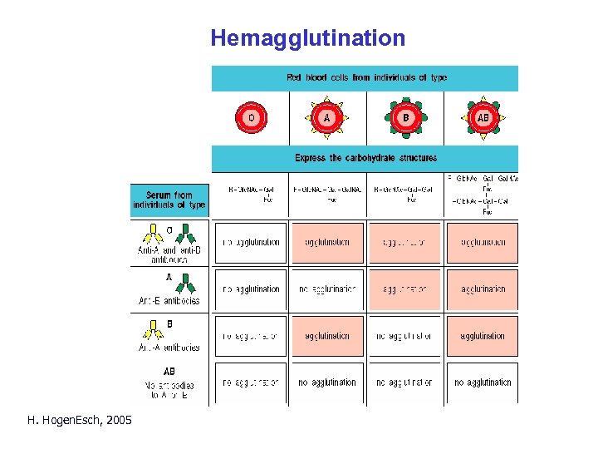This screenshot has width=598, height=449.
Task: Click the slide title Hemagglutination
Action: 307,38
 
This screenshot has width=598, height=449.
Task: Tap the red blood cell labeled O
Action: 250,118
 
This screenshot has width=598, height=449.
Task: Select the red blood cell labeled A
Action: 326,118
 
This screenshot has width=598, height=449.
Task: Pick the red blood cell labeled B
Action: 405,118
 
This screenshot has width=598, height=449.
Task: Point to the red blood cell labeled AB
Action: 483,118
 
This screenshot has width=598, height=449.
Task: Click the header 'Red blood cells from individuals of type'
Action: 366,78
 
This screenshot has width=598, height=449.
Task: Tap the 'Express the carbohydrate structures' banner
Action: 365,157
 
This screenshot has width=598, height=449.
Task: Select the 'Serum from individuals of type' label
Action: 170,200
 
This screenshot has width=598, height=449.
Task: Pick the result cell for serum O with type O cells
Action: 250,243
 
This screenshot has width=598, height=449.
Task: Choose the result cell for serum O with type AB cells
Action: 483,243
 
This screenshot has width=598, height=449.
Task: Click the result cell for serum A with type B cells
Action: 404,289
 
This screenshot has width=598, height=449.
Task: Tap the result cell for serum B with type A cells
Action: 327,336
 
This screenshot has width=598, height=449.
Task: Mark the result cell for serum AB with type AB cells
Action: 483,382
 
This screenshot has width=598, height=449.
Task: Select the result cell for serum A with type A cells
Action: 327,289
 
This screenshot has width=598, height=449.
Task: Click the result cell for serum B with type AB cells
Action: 483,336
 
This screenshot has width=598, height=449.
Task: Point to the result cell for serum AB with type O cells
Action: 250,382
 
